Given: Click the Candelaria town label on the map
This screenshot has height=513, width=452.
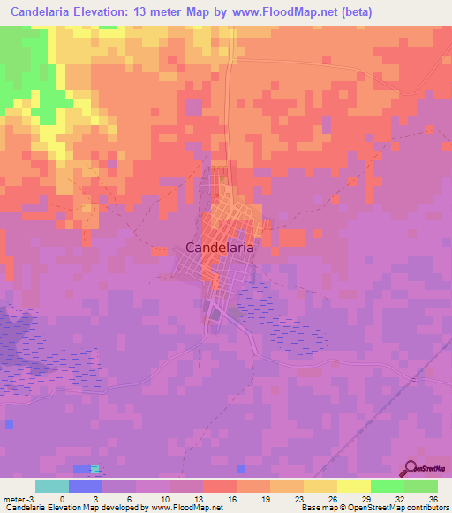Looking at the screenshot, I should [x=221, y=249].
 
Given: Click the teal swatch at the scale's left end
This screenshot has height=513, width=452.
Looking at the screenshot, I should [x=52, y=486].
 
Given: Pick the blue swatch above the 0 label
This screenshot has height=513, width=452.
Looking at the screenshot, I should [x=85, y=486].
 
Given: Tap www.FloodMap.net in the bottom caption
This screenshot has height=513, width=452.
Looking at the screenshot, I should [x=187, y=508].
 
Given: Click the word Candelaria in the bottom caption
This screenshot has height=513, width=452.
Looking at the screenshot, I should [x=26, y=508].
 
